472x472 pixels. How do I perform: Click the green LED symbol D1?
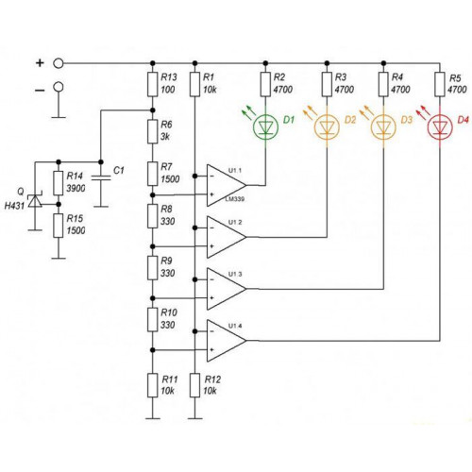pos(265,126)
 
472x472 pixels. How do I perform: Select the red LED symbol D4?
pos(440,127)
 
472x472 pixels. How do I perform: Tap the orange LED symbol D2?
pos(327,126)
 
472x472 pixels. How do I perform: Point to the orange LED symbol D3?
pos(383,126)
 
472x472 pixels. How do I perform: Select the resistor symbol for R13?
pos(153,84)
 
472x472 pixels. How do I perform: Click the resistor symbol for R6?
pos(153,131)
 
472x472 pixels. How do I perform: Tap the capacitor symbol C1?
pos(101,178)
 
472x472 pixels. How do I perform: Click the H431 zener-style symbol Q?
pos(35,201)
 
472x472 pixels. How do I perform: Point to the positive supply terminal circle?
pos(59,63)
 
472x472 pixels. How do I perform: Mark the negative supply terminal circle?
pos(59,87)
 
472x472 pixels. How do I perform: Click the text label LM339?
pos(235,199)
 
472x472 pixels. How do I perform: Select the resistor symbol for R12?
pos(194,385)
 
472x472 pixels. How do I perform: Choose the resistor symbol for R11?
pos(153,385)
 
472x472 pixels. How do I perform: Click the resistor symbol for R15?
pos(59,226)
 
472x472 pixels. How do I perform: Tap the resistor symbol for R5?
pos(440,84)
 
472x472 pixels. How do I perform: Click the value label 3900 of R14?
pos(76,189)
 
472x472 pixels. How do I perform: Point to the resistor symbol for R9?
pos(153,268)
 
